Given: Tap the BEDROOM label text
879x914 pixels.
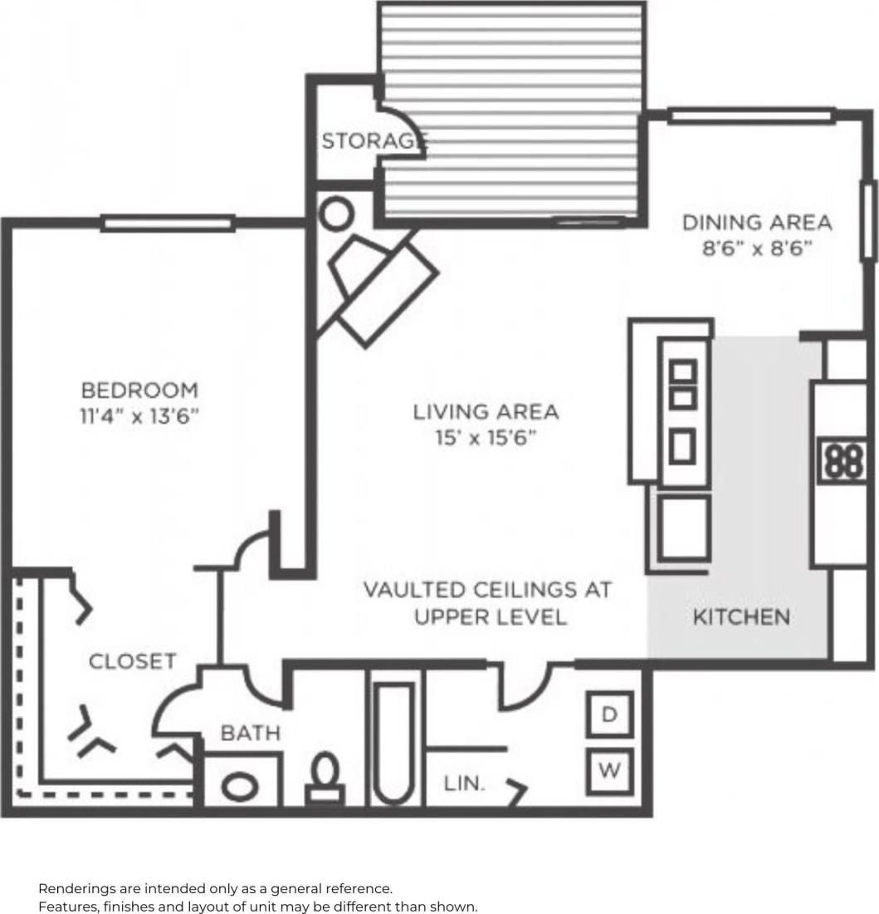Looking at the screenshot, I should tap(139, 390).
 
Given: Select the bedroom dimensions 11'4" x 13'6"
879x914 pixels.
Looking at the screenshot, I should tap(139, 415).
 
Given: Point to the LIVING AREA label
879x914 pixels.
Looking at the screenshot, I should tap(486, 411).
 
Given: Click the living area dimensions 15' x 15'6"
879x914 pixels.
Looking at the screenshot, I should tap(486, 437).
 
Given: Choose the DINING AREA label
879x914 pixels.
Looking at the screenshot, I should tap(756, 223).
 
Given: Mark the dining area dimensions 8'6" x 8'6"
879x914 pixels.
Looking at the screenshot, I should tap(756, 248).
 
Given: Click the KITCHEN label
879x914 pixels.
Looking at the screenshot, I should tap(741, 617).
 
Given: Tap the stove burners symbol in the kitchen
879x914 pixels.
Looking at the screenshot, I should tap(843, 460).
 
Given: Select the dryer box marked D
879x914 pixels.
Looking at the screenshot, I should tap(610, 715).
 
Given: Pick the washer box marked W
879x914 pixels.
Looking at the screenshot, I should tap(610, 769).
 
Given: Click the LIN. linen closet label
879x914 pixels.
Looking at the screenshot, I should tap(464, 783).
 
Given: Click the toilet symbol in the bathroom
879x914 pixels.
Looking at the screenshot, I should tap(325, 779).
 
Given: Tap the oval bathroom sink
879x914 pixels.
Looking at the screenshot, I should tap(241, 784).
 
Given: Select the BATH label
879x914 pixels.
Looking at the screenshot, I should tap(250, 734).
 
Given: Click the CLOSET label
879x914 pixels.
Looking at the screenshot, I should tap(132, 661).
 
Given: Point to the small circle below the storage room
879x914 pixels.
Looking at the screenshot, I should tap(336, 215).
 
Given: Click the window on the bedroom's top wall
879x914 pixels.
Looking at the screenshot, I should tap(168, 223).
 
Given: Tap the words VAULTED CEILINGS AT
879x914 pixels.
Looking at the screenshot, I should tap(487, 590).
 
